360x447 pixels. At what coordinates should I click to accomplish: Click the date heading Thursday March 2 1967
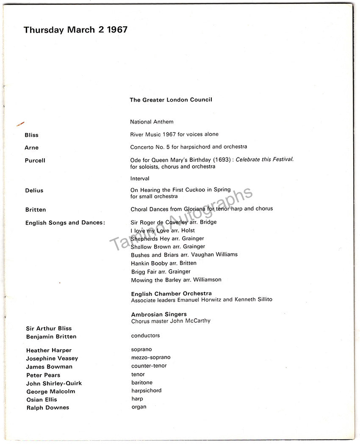coord(75,30)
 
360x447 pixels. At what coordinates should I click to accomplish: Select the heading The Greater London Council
coord(171,100)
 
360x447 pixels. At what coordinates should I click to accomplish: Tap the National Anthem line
coord(152,122)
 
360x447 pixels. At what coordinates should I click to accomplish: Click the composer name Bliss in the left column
coord(32,135)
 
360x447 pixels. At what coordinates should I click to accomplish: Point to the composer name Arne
coord(32,148)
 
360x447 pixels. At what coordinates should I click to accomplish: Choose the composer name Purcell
coord(35,160)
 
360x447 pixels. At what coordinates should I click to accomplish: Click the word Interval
coord(140,179)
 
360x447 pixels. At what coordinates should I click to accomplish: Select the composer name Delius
coord(34,190)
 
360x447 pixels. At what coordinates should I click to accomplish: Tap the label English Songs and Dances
coord(65,223)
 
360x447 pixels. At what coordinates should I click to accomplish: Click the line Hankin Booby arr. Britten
coord(163,263)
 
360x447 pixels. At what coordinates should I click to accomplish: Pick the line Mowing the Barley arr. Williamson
coord(176,280)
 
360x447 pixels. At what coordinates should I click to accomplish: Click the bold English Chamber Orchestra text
coord(171,293)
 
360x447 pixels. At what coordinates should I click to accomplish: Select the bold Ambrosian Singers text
coord(159,315)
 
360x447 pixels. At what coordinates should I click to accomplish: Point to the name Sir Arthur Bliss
coord(49,328)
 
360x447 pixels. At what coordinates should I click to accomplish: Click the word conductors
coord(145,336)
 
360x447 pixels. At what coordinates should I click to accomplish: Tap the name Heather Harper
coord(49,350)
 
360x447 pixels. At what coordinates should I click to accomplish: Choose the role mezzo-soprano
coord(151,358)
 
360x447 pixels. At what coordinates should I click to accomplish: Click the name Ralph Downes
coord(47,408)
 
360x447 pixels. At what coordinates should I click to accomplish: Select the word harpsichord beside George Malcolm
coord(146,391)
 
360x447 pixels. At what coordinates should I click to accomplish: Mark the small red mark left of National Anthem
coord(20,124)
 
